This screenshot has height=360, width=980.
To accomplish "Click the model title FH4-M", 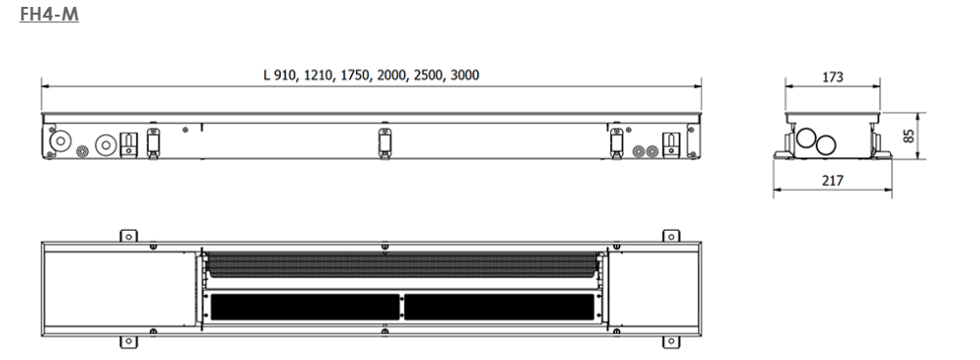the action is [x=49, y=14].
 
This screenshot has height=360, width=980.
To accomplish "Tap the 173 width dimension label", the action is [x=832, y=77].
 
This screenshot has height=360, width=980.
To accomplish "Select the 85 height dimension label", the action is [x=909, y=136].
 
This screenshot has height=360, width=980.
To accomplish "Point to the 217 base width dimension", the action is [x=832, y=181].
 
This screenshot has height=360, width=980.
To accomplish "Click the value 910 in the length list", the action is [x=286, y=75].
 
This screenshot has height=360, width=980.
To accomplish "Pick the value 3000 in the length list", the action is [x=465, y=75].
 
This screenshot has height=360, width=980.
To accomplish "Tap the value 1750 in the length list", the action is [x=355, y=75].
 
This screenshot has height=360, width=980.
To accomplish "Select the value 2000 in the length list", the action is [x=391, y=75].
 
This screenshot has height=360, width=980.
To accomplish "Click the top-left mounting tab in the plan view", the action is [x=128, y=236].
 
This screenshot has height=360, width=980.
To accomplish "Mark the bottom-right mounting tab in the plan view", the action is [x=671, y=341].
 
